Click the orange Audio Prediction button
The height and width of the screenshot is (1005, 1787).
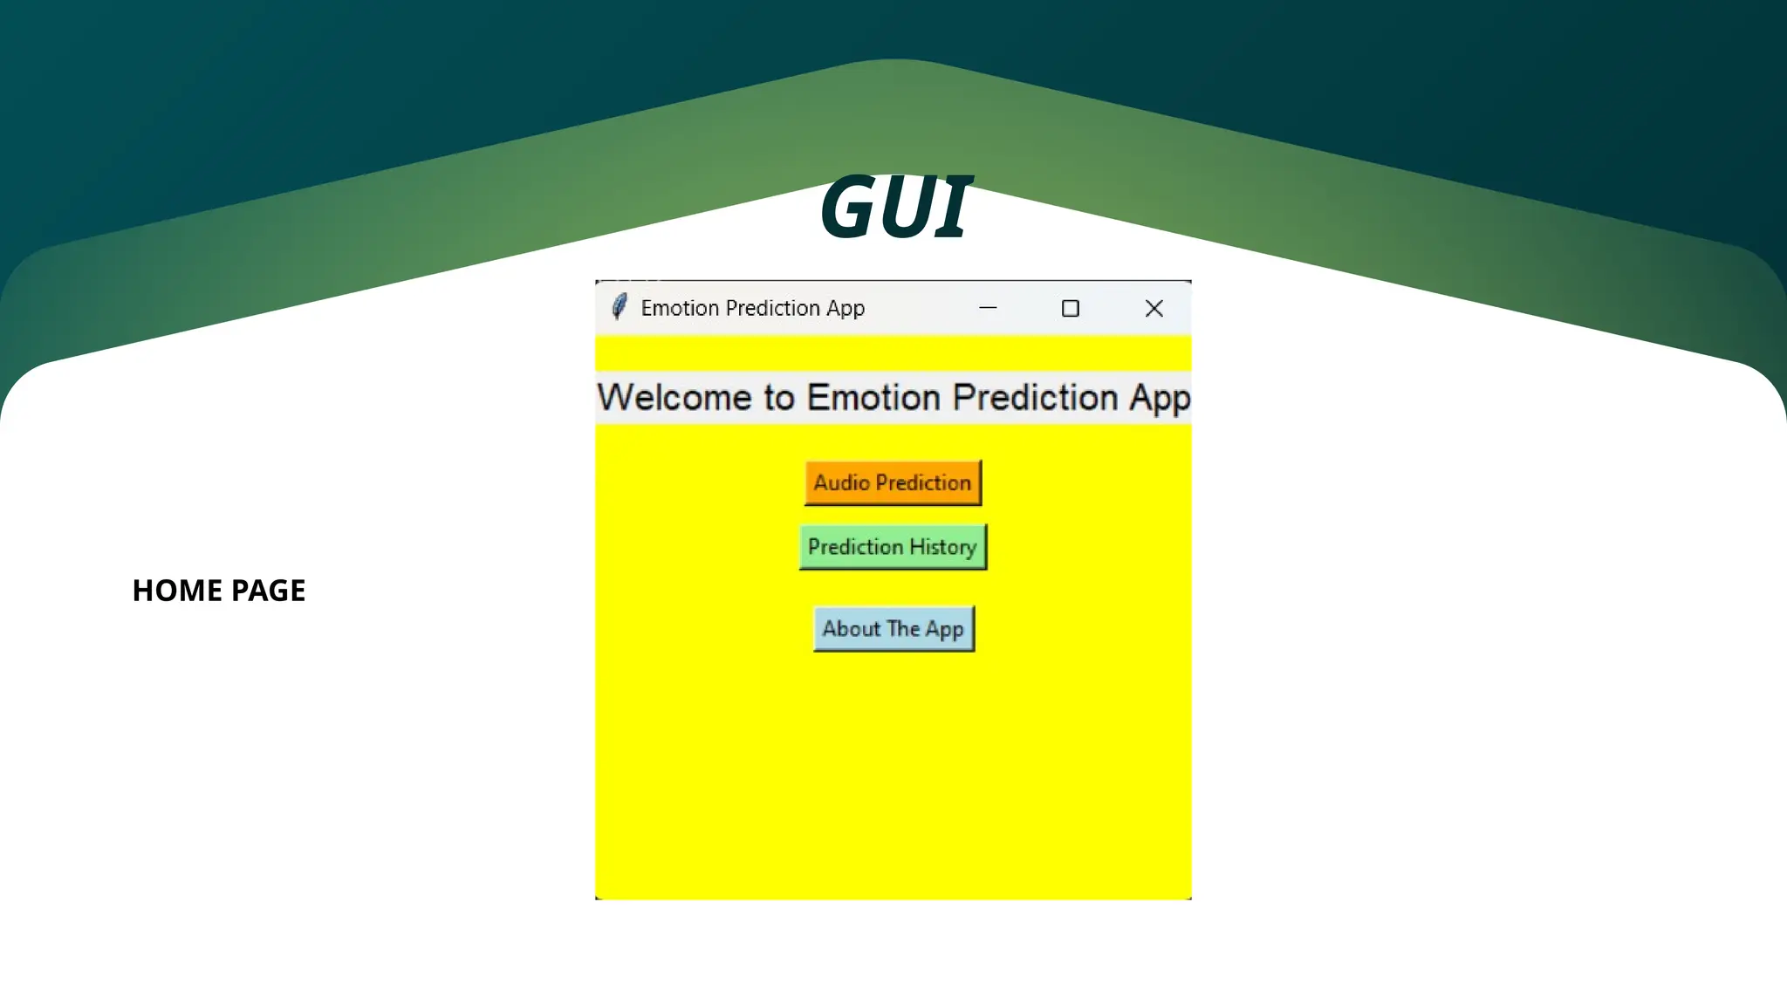coord(893,482)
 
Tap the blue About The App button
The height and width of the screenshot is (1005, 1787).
coord(893,629)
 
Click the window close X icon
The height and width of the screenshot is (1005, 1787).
coord(1154,308)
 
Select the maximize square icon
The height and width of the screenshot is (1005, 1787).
coord(1070,308)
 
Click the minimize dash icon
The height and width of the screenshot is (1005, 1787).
coord(988,308)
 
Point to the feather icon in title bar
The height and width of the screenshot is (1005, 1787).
coord(619,307)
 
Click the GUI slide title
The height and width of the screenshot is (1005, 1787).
coord(895,207)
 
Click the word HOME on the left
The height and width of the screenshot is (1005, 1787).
coord(177,591)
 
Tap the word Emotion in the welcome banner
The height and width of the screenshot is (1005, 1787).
coord(873,398)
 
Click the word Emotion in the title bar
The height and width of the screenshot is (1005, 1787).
coord(680,308)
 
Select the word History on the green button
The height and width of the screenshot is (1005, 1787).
coord(942,547)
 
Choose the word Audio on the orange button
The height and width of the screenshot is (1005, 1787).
coord(841,482)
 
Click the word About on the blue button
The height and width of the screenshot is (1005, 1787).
coord(851,629)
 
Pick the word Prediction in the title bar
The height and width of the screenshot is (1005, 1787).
coord(772,308)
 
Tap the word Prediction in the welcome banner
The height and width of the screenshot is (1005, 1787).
coord(1035,398)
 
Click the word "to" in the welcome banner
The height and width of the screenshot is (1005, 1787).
coord(778,399)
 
